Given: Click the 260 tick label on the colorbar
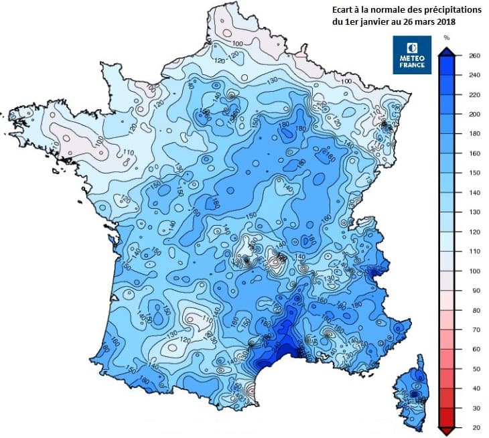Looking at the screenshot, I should (x=475, y=56).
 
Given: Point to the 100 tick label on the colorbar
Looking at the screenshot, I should (x=475, y=271).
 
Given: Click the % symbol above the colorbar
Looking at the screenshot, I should (x=447, y=39).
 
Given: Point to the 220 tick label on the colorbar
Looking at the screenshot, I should (x=475, y=95).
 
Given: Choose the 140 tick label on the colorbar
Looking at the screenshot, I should (x=475, y=193).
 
